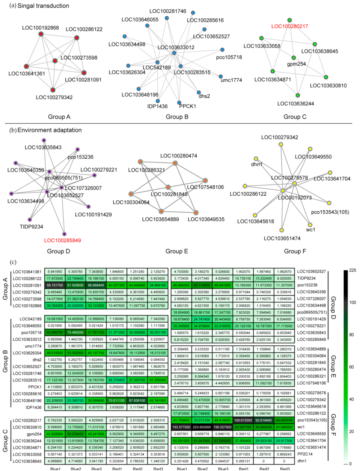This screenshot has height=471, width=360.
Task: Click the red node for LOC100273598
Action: click(x=55, y=61)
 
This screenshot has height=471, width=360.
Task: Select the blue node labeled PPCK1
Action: click(x=179, y=103)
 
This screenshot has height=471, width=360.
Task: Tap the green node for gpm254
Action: click(x=293, y=58)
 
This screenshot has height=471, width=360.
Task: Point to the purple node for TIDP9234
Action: click(x=30, y=220)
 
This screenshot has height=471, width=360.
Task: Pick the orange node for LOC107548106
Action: click(x=205, y=180)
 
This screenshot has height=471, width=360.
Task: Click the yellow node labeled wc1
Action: click(x=310, y=225)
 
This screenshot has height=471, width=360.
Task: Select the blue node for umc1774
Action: click(x=221, y=76)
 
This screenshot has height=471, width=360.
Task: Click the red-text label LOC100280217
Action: click(x=290, y=26)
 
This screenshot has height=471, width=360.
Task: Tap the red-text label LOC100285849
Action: click(x=63, y=240)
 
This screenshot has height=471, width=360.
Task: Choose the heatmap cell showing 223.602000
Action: click(x=202, y=427)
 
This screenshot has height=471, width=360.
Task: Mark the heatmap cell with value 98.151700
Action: click(x=55, y=285)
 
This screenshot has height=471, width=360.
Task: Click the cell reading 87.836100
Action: click(x=137, y=400)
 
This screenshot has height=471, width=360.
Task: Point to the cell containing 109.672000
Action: click(x=243, y=420)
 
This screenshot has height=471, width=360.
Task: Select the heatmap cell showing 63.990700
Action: click(x=55, y=332)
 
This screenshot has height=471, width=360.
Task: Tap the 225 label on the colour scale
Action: click(x=352, y=270)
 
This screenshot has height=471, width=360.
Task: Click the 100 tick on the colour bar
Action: click(x=352, y=302)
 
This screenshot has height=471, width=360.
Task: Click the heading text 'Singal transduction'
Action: click(x=43, y=6)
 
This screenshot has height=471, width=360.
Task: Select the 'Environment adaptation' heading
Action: click(x=50, y=130)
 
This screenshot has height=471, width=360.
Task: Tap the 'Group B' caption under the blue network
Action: click(x=177, y=117)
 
